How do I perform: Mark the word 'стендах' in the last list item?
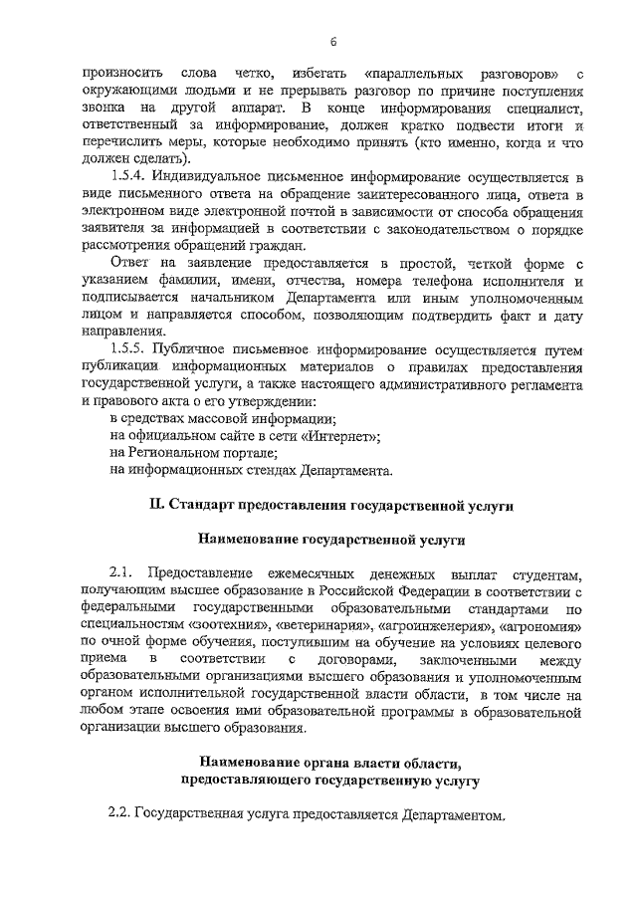[x=254, y=470]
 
